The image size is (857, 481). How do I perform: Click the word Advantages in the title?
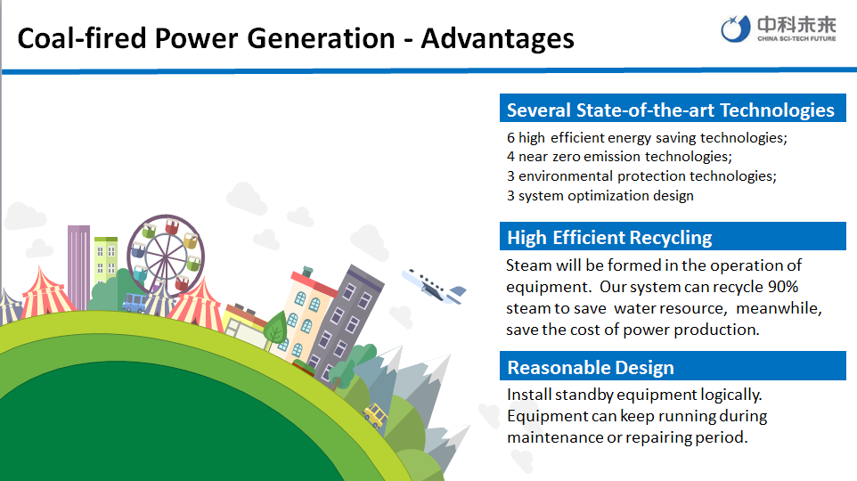click(497, 39)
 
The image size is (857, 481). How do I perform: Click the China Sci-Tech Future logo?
click(779, 29)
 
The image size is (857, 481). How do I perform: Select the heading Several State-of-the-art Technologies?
click(670, 110)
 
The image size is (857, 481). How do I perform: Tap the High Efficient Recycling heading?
click(609, 238)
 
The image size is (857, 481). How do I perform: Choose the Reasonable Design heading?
click(591, 367)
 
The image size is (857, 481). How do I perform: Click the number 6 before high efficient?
click(510, 138)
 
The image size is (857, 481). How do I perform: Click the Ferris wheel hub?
click(166, 255)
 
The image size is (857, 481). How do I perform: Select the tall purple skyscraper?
click(78, 267)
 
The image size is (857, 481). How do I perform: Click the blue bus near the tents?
click(135, 302)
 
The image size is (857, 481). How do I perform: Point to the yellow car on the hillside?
click(375, 415)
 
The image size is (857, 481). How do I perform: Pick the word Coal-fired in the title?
click(82, 39)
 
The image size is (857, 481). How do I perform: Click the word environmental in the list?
click(566, 176)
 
